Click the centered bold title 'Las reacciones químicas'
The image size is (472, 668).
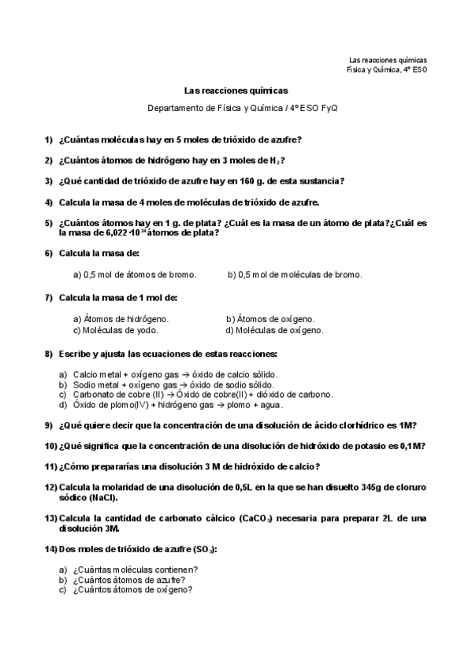coord(236,91)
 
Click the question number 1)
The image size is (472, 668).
coord(49,140)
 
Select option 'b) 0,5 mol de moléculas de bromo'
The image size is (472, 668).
coord(295,274)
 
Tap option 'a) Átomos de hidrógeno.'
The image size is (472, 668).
coord(121,319)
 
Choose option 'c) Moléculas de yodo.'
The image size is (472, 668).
coord(115,330)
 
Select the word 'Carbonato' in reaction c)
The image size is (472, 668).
coord(91,395)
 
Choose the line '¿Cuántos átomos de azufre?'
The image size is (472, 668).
coord(128,579)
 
